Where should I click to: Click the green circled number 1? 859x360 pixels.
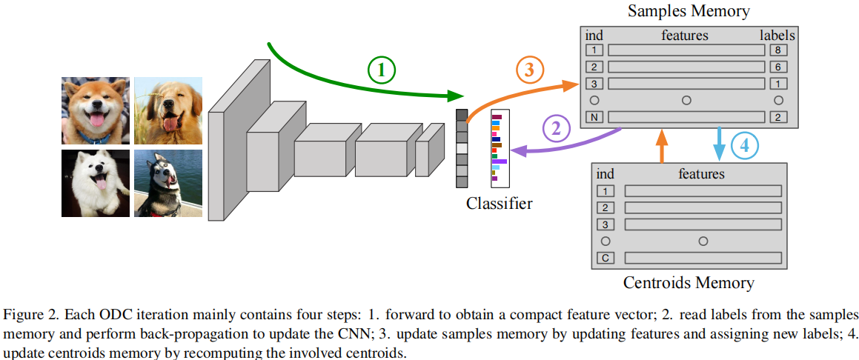382,70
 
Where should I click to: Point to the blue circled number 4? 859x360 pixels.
745,146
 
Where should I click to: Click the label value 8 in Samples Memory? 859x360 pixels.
777,50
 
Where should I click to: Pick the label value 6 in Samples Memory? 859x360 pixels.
777,67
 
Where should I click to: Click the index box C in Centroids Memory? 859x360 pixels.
605,258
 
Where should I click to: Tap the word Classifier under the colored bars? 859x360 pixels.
499,203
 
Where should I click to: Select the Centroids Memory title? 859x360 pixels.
689,282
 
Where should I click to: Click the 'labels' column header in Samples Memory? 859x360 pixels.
777,35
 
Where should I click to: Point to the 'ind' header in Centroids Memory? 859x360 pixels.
605,174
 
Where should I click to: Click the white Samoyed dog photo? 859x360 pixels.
95,183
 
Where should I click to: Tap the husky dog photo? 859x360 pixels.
168,183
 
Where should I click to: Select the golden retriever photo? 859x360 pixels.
168,110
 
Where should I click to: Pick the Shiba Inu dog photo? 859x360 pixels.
95,110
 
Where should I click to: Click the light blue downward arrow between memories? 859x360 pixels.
717,143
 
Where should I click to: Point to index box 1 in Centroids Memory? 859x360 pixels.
605,191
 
